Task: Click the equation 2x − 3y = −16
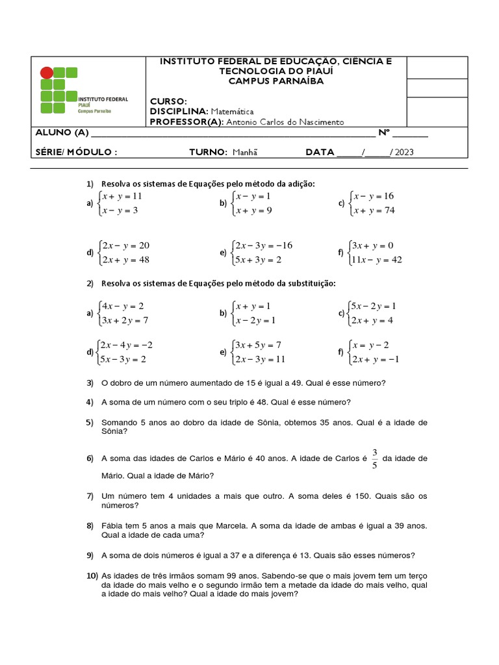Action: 264,245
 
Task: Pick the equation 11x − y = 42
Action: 376,260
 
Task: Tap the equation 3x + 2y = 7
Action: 125,320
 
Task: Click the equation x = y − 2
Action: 371,345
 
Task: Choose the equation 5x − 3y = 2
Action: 123,359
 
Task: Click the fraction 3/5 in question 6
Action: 374,458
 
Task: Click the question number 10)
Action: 92,576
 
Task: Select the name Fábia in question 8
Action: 112,525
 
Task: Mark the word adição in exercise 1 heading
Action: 301,184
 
